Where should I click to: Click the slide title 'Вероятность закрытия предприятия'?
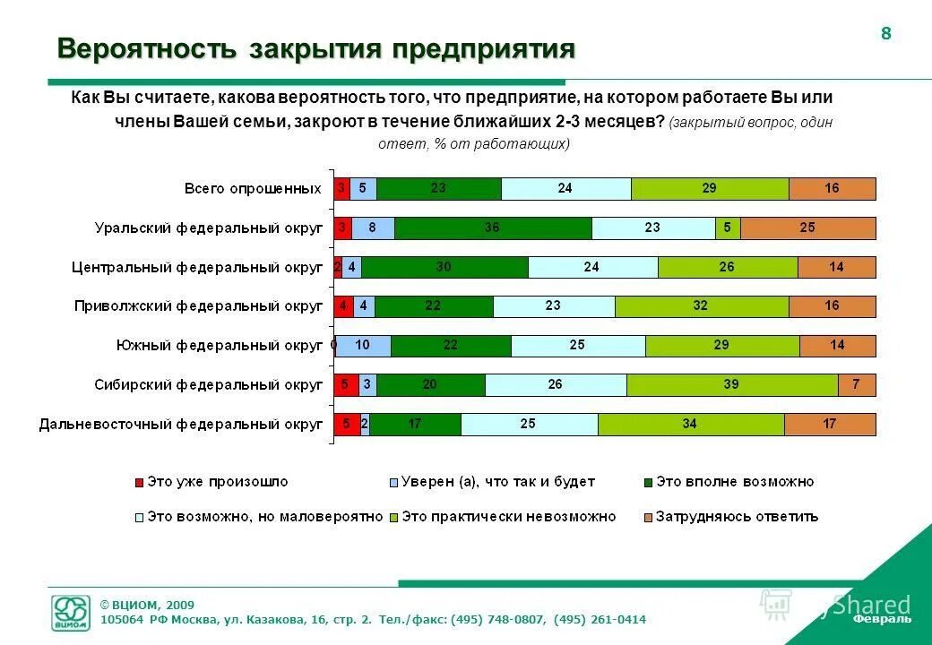point(315,49)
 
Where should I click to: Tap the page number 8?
point(886,34)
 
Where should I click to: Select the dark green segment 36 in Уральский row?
point(492,228)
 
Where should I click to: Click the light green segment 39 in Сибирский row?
point(731,385)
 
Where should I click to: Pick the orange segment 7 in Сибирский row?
point(857,385)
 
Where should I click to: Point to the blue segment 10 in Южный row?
point(364,346)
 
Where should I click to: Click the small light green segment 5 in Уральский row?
point(728,228)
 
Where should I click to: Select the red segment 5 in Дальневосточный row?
point(347,425)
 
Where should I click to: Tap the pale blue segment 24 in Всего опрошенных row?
point(565,189)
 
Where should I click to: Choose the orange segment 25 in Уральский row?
point(807,228)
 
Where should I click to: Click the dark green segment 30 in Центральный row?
point(444,268)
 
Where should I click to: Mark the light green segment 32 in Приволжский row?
point(701,306)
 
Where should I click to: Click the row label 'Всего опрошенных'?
point(253,189)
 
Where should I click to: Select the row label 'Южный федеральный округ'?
point(220,346)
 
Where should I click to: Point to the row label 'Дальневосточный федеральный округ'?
point(180,425)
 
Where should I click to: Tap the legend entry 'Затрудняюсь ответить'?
point(737,517)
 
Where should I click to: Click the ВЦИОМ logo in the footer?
point(72,614)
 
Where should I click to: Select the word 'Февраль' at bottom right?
point(882,619)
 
